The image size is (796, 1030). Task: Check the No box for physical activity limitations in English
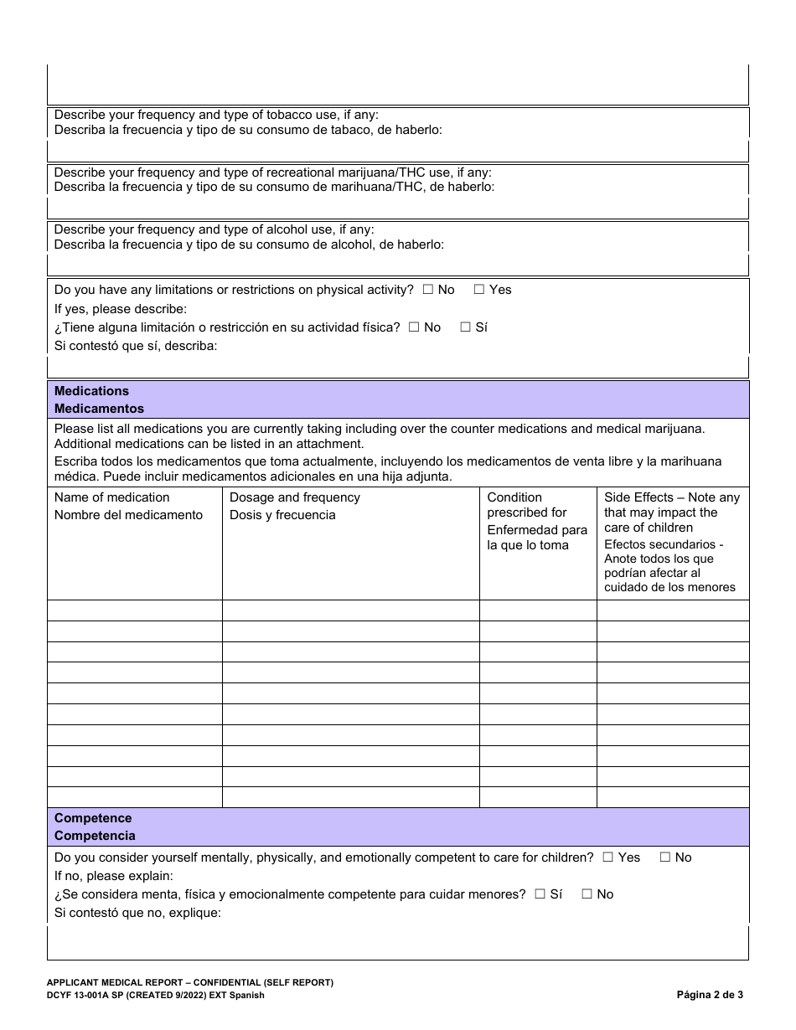[x=427, y=290]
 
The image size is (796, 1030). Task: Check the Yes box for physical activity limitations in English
[x=479, y=290]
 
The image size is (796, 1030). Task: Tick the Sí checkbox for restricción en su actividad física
[x=465, y=327]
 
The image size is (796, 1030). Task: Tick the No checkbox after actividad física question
[x=414, y=327]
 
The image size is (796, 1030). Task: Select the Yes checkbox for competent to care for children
[x=608, y=857]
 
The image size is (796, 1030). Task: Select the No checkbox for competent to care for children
[x=665, y=857]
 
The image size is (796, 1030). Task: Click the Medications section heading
[x=91, y=391]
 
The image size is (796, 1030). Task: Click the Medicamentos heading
[x=99, y=409]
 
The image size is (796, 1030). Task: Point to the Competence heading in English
[x=93, y=818]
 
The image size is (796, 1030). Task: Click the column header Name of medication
[x=111, y=497]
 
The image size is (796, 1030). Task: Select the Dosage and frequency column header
[x=294, y=497]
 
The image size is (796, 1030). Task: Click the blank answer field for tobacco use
[x=398, y=151]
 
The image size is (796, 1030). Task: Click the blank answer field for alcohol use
[x=398, y=265]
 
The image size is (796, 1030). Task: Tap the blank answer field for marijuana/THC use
[x=398, y=208]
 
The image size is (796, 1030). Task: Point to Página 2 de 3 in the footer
[x=710, y=996]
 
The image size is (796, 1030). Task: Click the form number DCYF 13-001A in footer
[x=92, y=996]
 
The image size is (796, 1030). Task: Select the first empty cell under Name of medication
[x=134, y=610]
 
